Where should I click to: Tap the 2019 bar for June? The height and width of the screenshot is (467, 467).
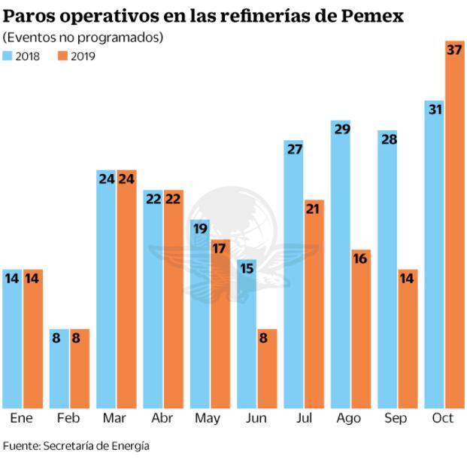pyautogui.click(x=267, y=368)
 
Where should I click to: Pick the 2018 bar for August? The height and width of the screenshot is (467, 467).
pyautogui.click(x=341, y=264)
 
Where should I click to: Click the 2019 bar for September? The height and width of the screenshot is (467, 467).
pyautogui.click(x=408, y=339)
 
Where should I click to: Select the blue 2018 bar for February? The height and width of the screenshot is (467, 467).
pyautogui.click(x=59, y=368)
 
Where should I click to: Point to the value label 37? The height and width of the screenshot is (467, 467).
pyautogui.click(x=454, y=50)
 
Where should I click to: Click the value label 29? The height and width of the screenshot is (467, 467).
pyautogui.click(x=341, y=129)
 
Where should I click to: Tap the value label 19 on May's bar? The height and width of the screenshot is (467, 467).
pyautogui.click(x=200, y=228)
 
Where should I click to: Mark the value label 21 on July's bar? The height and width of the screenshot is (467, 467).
pyautogui.click(x=314, y=209)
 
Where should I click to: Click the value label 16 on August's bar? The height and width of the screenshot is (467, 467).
pyautogui.click(x=360, y=258)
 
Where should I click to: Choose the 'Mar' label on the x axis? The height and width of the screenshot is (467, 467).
pyautogui.click(x=116, y=418)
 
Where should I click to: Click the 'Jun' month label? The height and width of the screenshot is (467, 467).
pyautogui.click(x=256, y=418)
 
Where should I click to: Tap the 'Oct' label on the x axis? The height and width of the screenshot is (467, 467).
pyautogui.click(x=444, y=418)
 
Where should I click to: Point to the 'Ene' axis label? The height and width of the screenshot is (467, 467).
pyautogui.click(x=22, y=418)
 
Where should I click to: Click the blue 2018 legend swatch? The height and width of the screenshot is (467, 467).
pyautogui.click(x=8, y=56)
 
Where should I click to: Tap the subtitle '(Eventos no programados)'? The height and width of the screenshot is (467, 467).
pyautogui.click(x=83, y=37)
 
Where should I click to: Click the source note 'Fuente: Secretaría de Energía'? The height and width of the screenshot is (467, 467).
pyautogui.click(x=76, y=446)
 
